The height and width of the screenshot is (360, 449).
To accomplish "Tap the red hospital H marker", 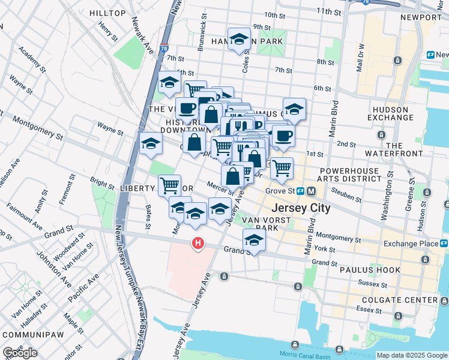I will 197,243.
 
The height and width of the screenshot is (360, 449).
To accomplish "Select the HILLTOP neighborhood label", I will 107,13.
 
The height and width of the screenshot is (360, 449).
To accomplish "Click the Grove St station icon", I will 311,191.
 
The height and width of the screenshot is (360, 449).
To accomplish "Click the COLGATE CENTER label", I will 405,300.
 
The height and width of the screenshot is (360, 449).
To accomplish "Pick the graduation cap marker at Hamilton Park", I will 239,40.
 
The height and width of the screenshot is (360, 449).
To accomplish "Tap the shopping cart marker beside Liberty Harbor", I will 169,185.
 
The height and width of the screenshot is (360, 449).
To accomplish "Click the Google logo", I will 20,352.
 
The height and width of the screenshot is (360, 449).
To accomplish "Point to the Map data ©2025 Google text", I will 411,355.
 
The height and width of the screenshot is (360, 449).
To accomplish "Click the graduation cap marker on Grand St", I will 254,241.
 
